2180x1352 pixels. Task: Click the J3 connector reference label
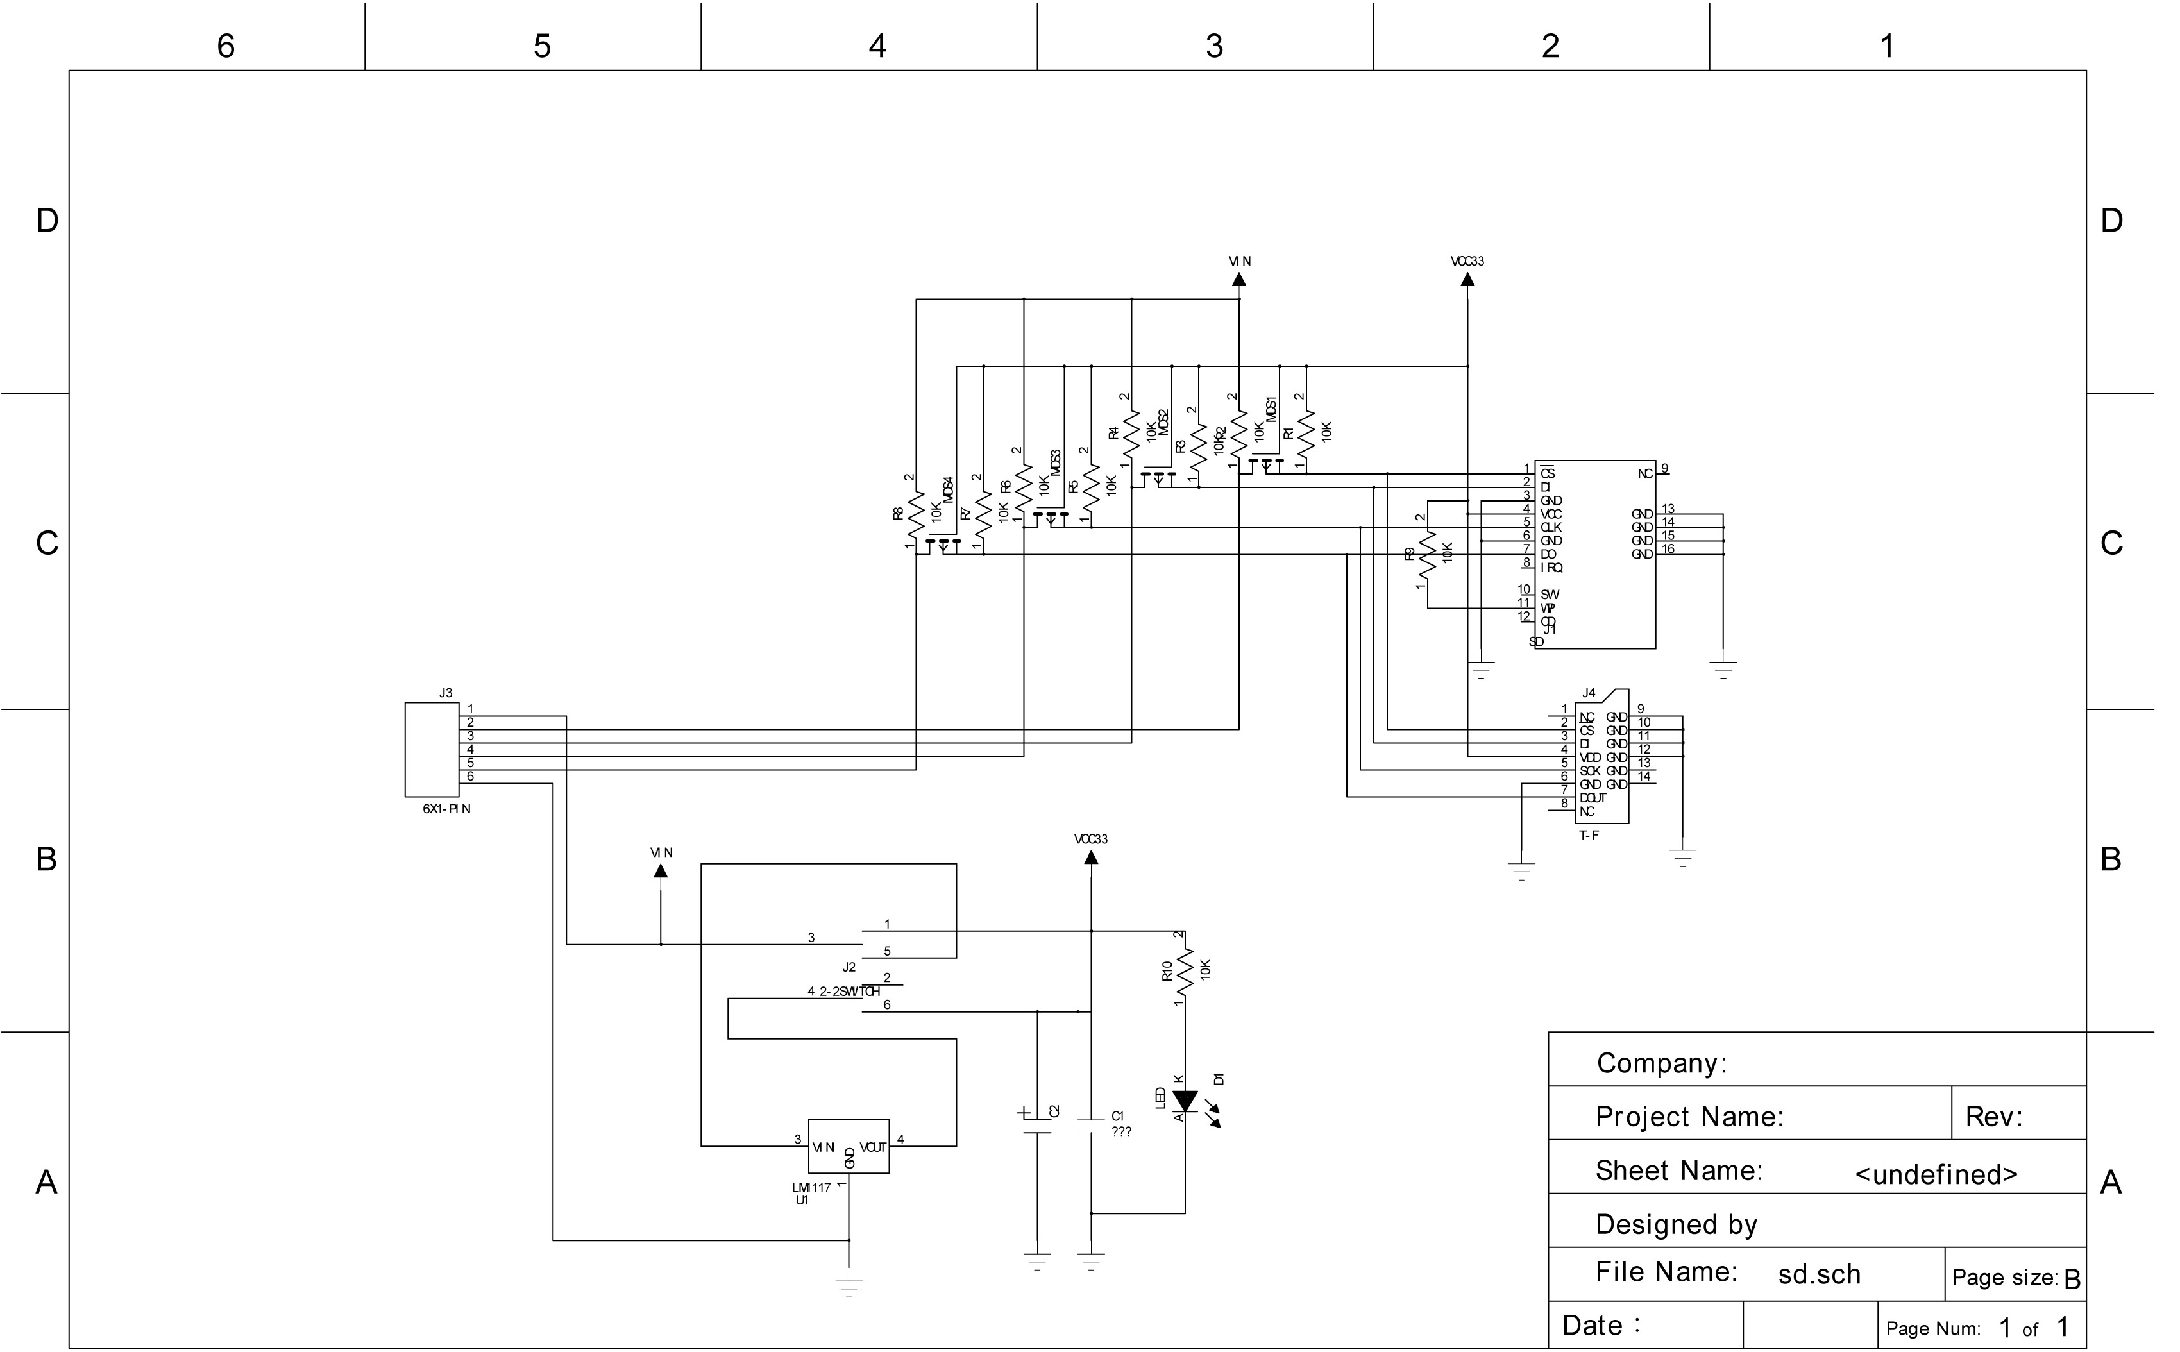tap(445, 693)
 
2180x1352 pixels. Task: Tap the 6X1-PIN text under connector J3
tap(446, 808)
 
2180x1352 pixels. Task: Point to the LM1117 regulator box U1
tap(849, 1145)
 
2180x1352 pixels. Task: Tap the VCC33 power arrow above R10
tap(1091, 857)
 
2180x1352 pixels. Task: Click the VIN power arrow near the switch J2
tap(661, 870)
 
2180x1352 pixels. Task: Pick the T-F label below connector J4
tap(1589, 835)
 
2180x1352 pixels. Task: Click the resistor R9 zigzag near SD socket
tap(1428, 553)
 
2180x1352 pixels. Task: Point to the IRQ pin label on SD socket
tap(1551, 568)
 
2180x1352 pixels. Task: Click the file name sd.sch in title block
tap(1819, 1274)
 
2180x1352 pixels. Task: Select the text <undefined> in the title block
tap(1936, 1174)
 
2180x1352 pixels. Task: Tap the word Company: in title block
tap(1661, 1063)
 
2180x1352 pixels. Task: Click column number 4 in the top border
tap(877, 46)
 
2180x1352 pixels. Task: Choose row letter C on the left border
tap(46, 543)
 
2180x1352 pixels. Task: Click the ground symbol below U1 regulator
tap(849, 1288)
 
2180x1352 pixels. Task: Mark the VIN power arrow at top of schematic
tap(1239, 278)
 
